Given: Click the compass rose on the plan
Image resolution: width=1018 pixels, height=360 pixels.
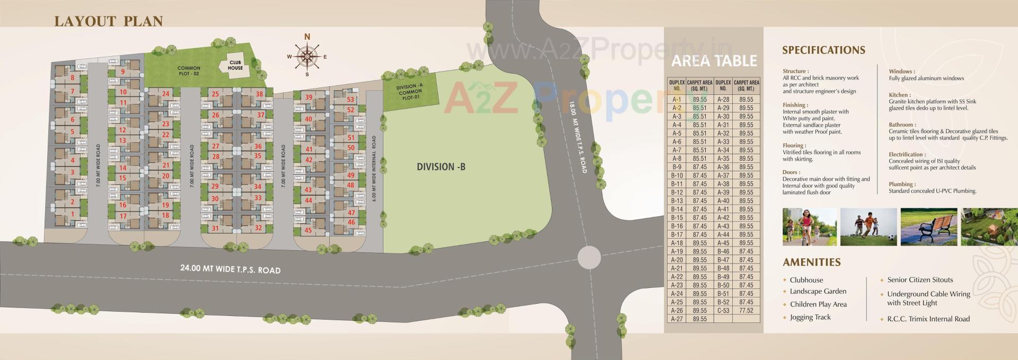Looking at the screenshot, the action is coord(307,56).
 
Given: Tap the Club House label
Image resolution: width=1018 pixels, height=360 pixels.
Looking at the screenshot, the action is coord(235,65).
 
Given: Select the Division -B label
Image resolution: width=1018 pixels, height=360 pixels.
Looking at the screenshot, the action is coord(441,166).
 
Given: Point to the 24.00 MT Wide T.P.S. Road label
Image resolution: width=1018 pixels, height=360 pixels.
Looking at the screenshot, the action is coord(230,269).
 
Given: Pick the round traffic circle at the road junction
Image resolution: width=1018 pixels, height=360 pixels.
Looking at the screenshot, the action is coord(589,258).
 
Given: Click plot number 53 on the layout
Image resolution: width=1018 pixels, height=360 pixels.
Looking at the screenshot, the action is coord(350,99).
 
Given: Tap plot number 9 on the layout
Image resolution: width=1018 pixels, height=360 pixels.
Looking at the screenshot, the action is coord(123,72).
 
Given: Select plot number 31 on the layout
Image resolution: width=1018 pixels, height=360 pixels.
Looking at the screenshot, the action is coord(215,229).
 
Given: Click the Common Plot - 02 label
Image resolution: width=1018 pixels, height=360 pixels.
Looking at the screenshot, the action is coord(189,71).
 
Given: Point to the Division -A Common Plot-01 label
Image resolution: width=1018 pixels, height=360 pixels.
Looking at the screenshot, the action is coord(409,92).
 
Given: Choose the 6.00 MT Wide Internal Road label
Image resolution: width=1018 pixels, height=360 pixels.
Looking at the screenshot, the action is coord(374,169).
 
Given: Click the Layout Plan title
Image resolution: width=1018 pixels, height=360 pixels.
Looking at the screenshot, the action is coord(108,21).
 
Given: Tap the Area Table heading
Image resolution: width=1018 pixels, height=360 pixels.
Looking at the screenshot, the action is coord(714,61).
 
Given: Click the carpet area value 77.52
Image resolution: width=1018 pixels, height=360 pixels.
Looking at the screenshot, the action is coord(746,311).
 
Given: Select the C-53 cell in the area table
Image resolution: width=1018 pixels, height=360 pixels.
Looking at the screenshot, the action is coord(723,311).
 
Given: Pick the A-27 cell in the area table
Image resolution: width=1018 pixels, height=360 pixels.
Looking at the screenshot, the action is coord(677,319).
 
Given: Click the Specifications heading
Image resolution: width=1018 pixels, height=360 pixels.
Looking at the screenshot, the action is coord(823,50).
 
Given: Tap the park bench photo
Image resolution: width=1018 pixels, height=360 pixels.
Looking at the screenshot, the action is coord(928,226).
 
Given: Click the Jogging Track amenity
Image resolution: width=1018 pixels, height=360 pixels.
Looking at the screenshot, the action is coord(810,317).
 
